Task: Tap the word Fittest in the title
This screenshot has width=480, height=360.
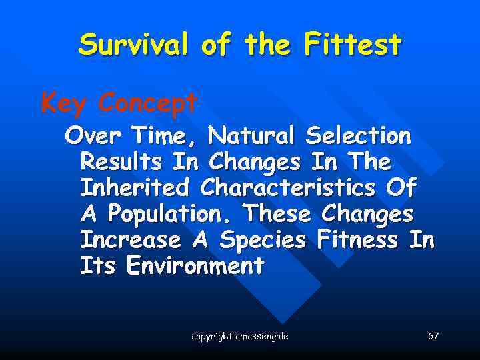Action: (x=353, y=45)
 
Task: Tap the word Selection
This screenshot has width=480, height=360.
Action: (x=358, y=137)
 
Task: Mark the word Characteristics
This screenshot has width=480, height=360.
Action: (x=289, y=189)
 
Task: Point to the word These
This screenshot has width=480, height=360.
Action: (x=278, y=215)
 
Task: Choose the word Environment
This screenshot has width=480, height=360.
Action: (x=195, y=267)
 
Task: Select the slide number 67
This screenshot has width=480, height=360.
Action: (x=433, y=336)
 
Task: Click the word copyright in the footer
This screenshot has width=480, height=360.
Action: (x=211, y=337)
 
